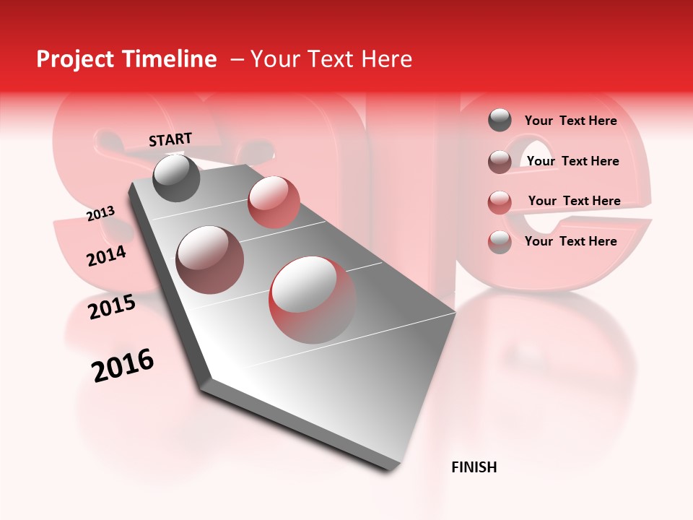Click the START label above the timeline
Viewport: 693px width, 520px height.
[170, 139]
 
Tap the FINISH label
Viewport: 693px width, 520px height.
[474, 467]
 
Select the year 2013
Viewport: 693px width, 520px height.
[100, 214]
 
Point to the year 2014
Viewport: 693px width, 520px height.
[106, 256]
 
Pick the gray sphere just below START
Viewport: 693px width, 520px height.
[177, 178]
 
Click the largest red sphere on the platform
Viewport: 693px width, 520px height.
[313, 300]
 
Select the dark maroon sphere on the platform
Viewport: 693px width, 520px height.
[210, 260]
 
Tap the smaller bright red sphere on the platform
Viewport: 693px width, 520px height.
[274, 202]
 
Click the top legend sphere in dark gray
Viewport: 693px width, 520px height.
[500, 120]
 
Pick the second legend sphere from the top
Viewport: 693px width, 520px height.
[500, 162]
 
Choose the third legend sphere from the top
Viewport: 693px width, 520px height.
[500, 202]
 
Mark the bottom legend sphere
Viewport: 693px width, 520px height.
[500, 242]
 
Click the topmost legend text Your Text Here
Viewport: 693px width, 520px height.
[570, 121]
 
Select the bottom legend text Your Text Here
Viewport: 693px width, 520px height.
[570, 241]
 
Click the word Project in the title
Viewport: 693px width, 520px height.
[75, 59]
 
